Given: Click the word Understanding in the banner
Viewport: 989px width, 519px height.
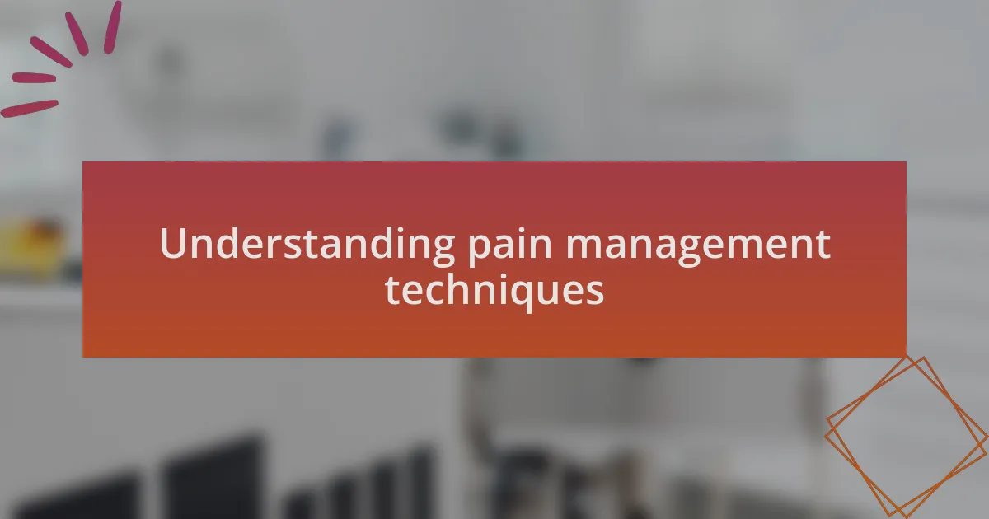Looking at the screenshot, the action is (x=307, y=245).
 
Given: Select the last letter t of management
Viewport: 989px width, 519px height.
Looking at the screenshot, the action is (x=823, y=245).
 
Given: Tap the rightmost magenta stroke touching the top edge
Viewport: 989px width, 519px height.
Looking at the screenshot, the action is (x=112, y=27).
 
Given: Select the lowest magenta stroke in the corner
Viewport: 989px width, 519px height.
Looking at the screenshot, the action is (x=29, y=109).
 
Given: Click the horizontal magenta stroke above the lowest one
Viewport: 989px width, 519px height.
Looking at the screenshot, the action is (x=34, y=78).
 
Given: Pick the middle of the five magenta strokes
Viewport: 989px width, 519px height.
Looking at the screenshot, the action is (x=51, y=52).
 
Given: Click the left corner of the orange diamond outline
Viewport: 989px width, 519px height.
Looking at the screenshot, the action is (x=825, y=436).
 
